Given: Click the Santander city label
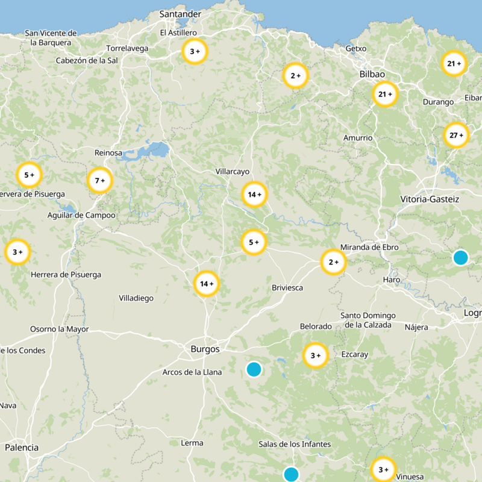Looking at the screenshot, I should coord(180,14).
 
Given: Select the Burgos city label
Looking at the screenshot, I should coord(205,349).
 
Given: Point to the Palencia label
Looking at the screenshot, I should coord(22,448).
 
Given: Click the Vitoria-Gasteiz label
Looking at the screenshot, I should coord(430,199).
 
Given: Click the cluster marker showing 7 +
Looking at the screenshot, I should coord(100,180).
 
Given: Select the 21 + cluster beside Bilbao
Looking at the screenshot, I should coord(385,94).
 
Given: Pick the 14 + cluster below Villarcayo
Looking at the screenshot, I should coord(254,195).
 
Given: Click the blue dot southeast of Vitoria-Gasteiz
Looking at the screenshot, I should coord(460,257).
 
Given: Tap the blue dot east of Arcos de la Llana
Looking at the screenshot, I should coord(254,369).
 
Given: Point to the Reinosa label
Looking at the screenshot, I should coord(108,153).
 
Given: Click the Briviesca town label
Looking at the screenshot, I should coord(287,287).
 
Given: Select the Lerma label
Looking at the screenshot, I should coord(192,443).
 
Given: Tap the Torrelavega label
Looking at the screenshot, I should coord(127,48).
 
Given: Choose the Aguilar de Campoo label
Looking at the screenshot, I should coord(81,215).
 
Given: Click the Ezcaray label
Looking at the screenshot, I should coord(354,354).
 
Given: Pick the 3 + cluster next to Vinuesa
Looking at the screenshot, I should coord(383,469).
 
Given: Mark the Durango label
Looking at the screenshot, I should coord(438,102).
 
